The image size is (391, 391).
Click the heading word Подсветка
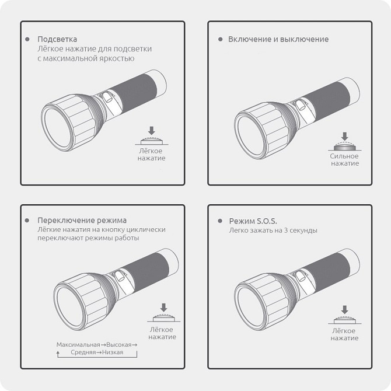coord(57,40)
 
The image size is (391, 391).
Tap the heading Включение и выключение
coord(278,39)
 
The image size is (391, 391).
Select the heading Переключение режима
coord(82,221)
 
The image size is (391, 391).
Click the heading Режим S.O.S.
coord(253,221)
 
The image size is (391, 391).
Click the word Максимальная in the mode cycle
coord(78,345)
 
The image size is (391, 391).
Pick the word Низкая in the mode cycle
coord(113,352)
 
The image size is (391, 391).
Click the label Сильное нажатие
coord(345,159)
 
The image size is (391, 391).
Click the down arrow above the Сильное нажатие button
coord(345,136)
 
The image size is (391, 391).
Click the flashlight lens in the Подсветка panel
coord(57,128)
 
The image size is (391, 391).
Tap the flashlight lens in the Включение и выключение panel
coord(250,136)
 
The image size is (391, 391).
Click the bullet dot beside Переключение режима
coord(27,221)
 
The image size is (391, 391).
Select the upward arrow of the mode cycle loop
coord(58,354)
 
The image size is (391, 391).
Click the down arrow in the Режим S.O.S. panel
coord(345,310)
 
